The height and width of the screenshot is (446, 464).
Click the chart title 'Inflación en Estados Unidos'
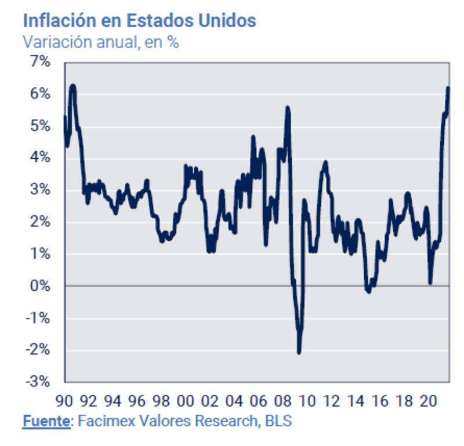click(139, 21)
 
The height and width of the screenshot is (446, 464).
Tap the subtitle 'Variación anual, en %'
click(100, 42)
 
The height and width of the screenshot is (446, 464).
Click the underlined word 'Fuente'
click(45, 421)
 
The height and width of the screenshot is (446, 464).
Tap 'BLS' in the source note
click(277, 421)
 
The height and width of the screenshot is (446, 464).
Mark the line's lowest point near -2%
click(299, 352)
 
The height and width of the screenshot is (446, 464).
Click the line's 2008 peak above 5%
click(288, 108)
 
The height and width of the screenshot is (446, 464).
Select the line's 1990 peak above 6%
click(72, 86)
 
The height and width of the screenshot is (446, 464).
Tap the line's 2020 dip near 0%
click(430, 282)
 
